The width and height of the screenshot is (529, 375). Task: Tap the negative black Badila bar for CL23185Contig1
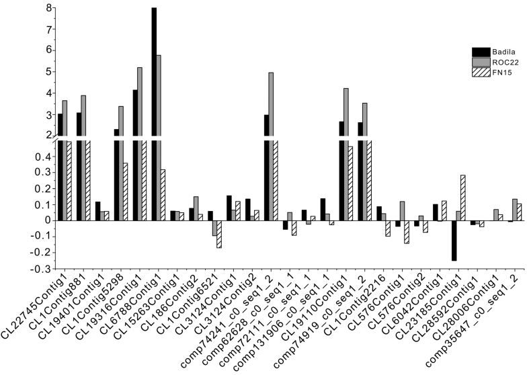point(454,240)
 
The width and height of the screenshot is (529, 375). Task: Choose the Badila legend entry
point(490,50)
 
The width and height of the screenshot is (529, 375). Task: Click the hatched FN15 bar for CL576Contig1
point(407,232)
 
